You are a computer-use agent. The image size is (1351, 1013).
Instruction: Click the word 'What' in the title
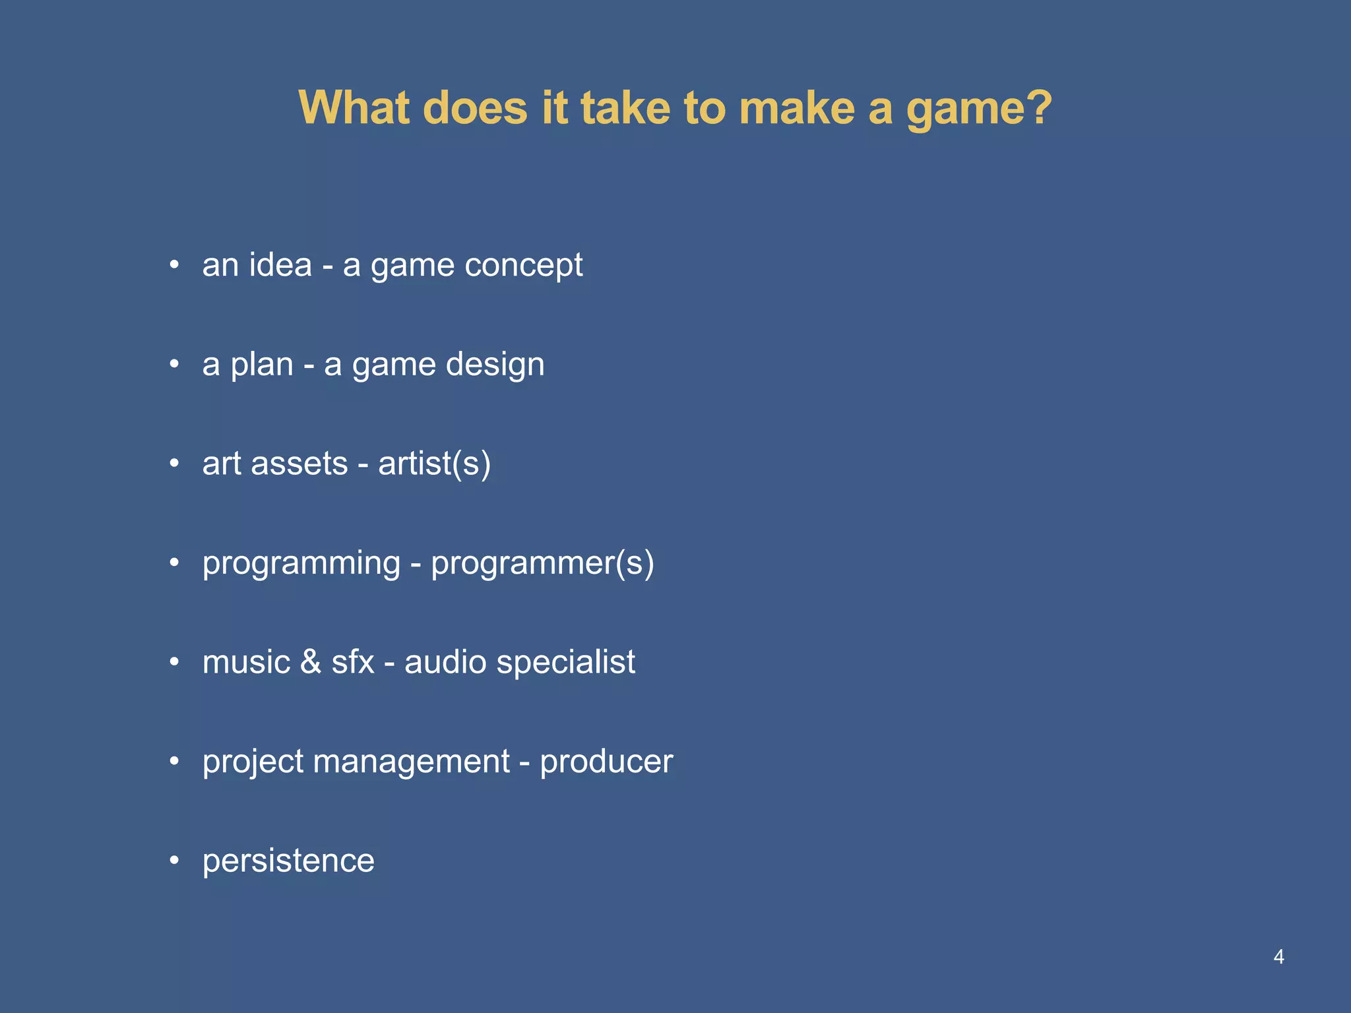[x=353, y=107]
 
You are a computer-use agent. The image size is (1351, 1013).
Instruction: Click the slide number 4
[x=1278, y=956]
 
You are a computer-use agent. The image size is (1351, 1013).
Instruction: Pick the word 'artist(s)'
[x=434, y=464]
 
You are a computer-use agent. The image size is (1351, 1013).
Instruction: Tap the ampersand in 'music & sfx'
[x=310, y=662]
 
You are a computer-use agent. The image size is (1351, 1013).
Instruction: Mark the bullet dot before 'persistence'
[x=174, y=860]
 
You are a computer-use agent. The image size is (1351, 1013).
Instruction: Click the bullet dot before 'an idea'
[x=174, y=265]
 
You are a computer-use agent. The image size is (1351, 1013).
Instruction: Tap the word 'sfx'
[x=352, y=662]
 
